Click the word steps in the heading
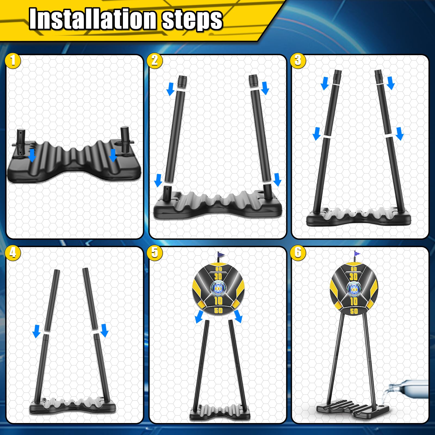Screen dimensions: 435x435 click(x=192, y=20)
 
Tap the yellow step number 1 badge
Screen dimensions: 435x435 click(x=13, y=61)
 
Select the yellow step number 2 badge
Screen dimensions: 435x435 click(x=155, y=61)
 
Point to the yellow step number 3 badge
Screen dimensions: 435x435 click(x=298, y=61)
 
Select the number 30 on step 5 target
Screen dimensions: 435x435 click(x=218, y=277)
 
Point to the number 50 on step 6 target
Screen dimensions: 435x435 click(x=354, y=311)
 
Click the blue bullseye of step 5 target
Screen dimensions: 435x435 click(x=218, y=289)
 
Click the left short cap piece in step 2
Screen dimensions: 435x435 click(x=182, y=81)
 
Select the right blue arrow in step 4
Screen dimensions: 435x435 click(x=104, y=330)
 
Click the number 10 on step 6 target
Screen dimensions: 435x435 click(x=353, y=301)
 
